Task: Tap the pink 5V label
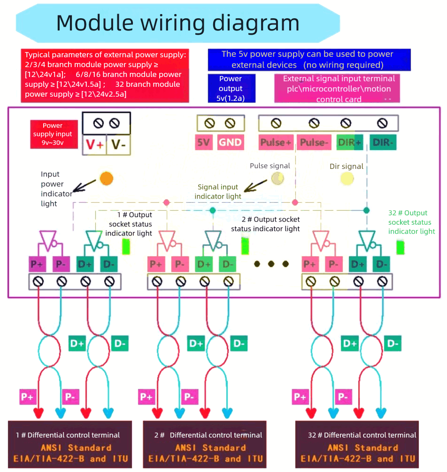(x=203, y=143)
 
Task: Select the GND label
(x=231, y=143)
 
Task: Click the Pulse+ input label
(x=276, y=143)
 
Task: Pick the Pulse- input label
(x=314, y=143)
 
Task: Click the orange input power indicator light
(x=107, y=178)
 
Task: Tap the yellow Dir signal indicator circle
(x=347, y=178)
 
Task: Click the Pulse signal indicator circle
(x=278, y=178)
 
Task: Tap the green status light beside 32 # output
(x=400, y=247)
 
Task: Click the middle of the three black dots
(x=271, y=264)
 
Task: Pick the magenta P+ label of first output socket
(x=37, y=264)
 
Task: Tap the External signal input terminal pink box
(x=337, y=88)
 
